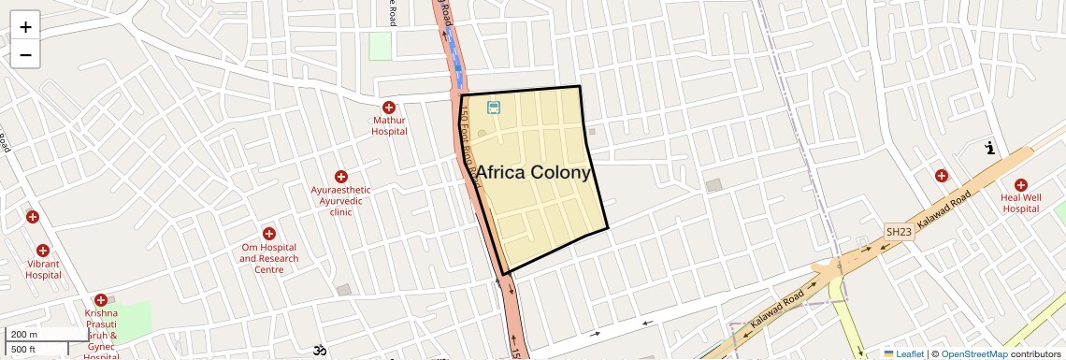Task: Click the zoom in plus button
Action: (x=25, y=27)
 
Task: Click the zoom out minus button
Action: (x=25, y=55)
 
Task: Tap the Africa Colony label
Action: (x=534, y=173)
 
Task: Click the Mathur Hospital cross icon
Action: (x=389, y=108)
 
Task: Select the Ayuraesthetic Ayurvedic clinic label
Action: (x=341, y=201)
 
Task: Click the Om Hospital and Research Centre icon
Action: (x=269, y=233)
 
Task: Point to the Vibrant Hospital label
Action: (x=43, y=269)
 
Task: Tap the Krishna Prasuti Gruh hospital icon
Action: (x=101, y=300)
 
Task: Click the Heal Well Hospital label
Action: (x=1020, y=203)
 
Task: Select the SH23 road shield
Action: (x=899, y=231)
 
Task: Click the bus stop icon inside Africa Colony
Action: (x=494, y=108)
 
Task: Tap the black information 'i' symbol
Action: (x=990, y=148)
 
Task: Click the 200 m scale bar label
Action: (x=24, y=335)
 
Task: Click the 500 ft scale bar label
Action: (x=24, y=350)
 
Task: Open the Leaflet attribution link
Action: (x=903, y=354)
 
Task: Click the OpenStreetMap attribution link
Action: (x=974, y=354)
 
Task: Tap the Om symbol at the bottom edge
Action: (x=319, y=352)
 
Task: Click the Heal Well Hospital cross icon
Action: (x=1020, y=185)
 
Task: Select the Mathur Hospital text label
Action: (x=389, y=125)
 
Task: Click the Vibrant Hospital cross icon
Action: (x=43, y=251)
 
